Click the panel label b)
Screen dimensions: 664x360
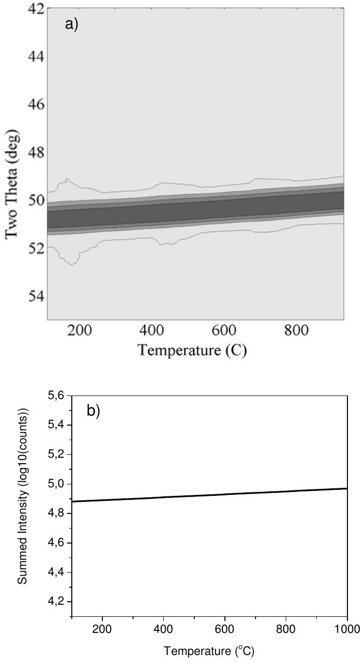coord(93,411)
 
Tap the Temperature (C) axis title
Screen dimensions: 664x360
coord(192,350)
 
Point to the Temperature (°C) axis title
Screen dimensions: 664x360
coord(209,652)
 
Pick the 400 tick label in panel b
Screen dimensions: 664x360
coord(164,629)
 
